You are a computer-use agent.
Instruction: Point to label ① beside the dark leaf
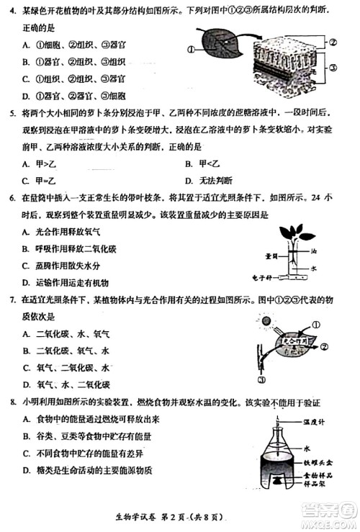[x=191, y=50]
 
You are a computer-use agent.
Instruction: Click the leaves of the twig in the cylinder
[x=294, y=234]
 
